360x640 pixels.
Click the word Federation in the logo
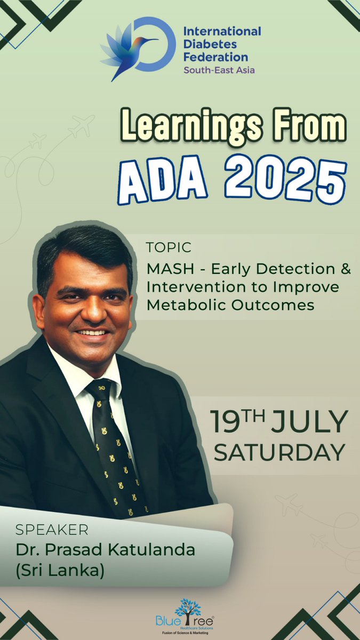click(215, 57)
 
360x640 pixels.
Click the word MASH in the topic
click(165, 269)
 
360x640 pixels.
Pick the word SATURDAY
click(279, 452)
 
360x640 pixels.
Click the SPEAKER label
click(51, 531)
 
